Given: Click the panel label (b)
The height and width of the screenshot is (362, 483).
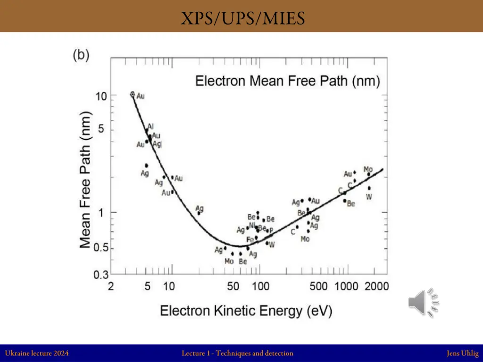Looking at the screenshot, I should pyautogui.click(x=81, y=55).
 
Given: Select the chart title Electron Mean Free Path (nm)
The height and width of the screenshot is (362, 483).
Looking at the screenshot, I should pyautogui.click(x=288, y=81).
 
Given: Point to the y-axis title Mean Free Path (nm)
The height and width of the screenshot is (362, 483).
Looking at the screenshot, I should pyautogui.click(x=85, y=179).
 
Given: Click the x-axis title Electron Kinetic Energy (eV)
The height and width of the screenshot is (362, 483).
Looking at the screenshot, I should pyautogui.click(x=246, y=311).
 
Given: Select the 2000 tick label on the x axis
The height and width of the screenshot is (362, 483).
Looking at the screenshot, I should pyautogui.click(x=376, y=287).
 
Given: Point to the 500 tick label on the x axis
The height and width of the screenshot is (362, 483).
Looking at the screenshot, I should pyautogui.click(x=318, y=287).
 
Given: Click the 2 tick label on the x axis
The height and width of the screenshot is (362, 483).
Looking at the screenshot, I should pyautogui.click(x=111, y=287).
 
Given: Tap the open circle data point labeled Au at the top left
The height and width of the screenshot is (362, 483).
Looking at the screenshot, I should pyautogui.click(x=133, y=94).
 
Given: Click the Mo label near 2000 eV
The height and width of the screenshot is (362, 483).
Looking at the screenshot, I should pyautogui.click(x=368, y=169).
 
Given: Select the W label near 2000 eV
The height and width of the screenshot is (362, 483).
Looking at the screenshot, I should pyautogui.click(x=369, y=197).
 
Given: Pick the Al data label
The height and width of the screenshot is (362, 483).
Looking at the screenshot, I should pyautogui.click(x=150, y=126).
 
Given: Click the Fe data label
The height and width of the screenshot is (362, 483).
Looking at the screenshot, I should pyautogui.click(x=250, y=239).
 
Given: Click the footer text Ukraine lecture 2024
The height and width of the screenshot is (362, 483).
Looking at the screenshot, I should pyautogui.click(x=37, y=353).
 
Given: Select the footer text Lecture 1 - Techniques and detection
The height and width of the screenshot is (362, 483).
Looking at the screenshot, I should pyautogui.click(x=237, y=353).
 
